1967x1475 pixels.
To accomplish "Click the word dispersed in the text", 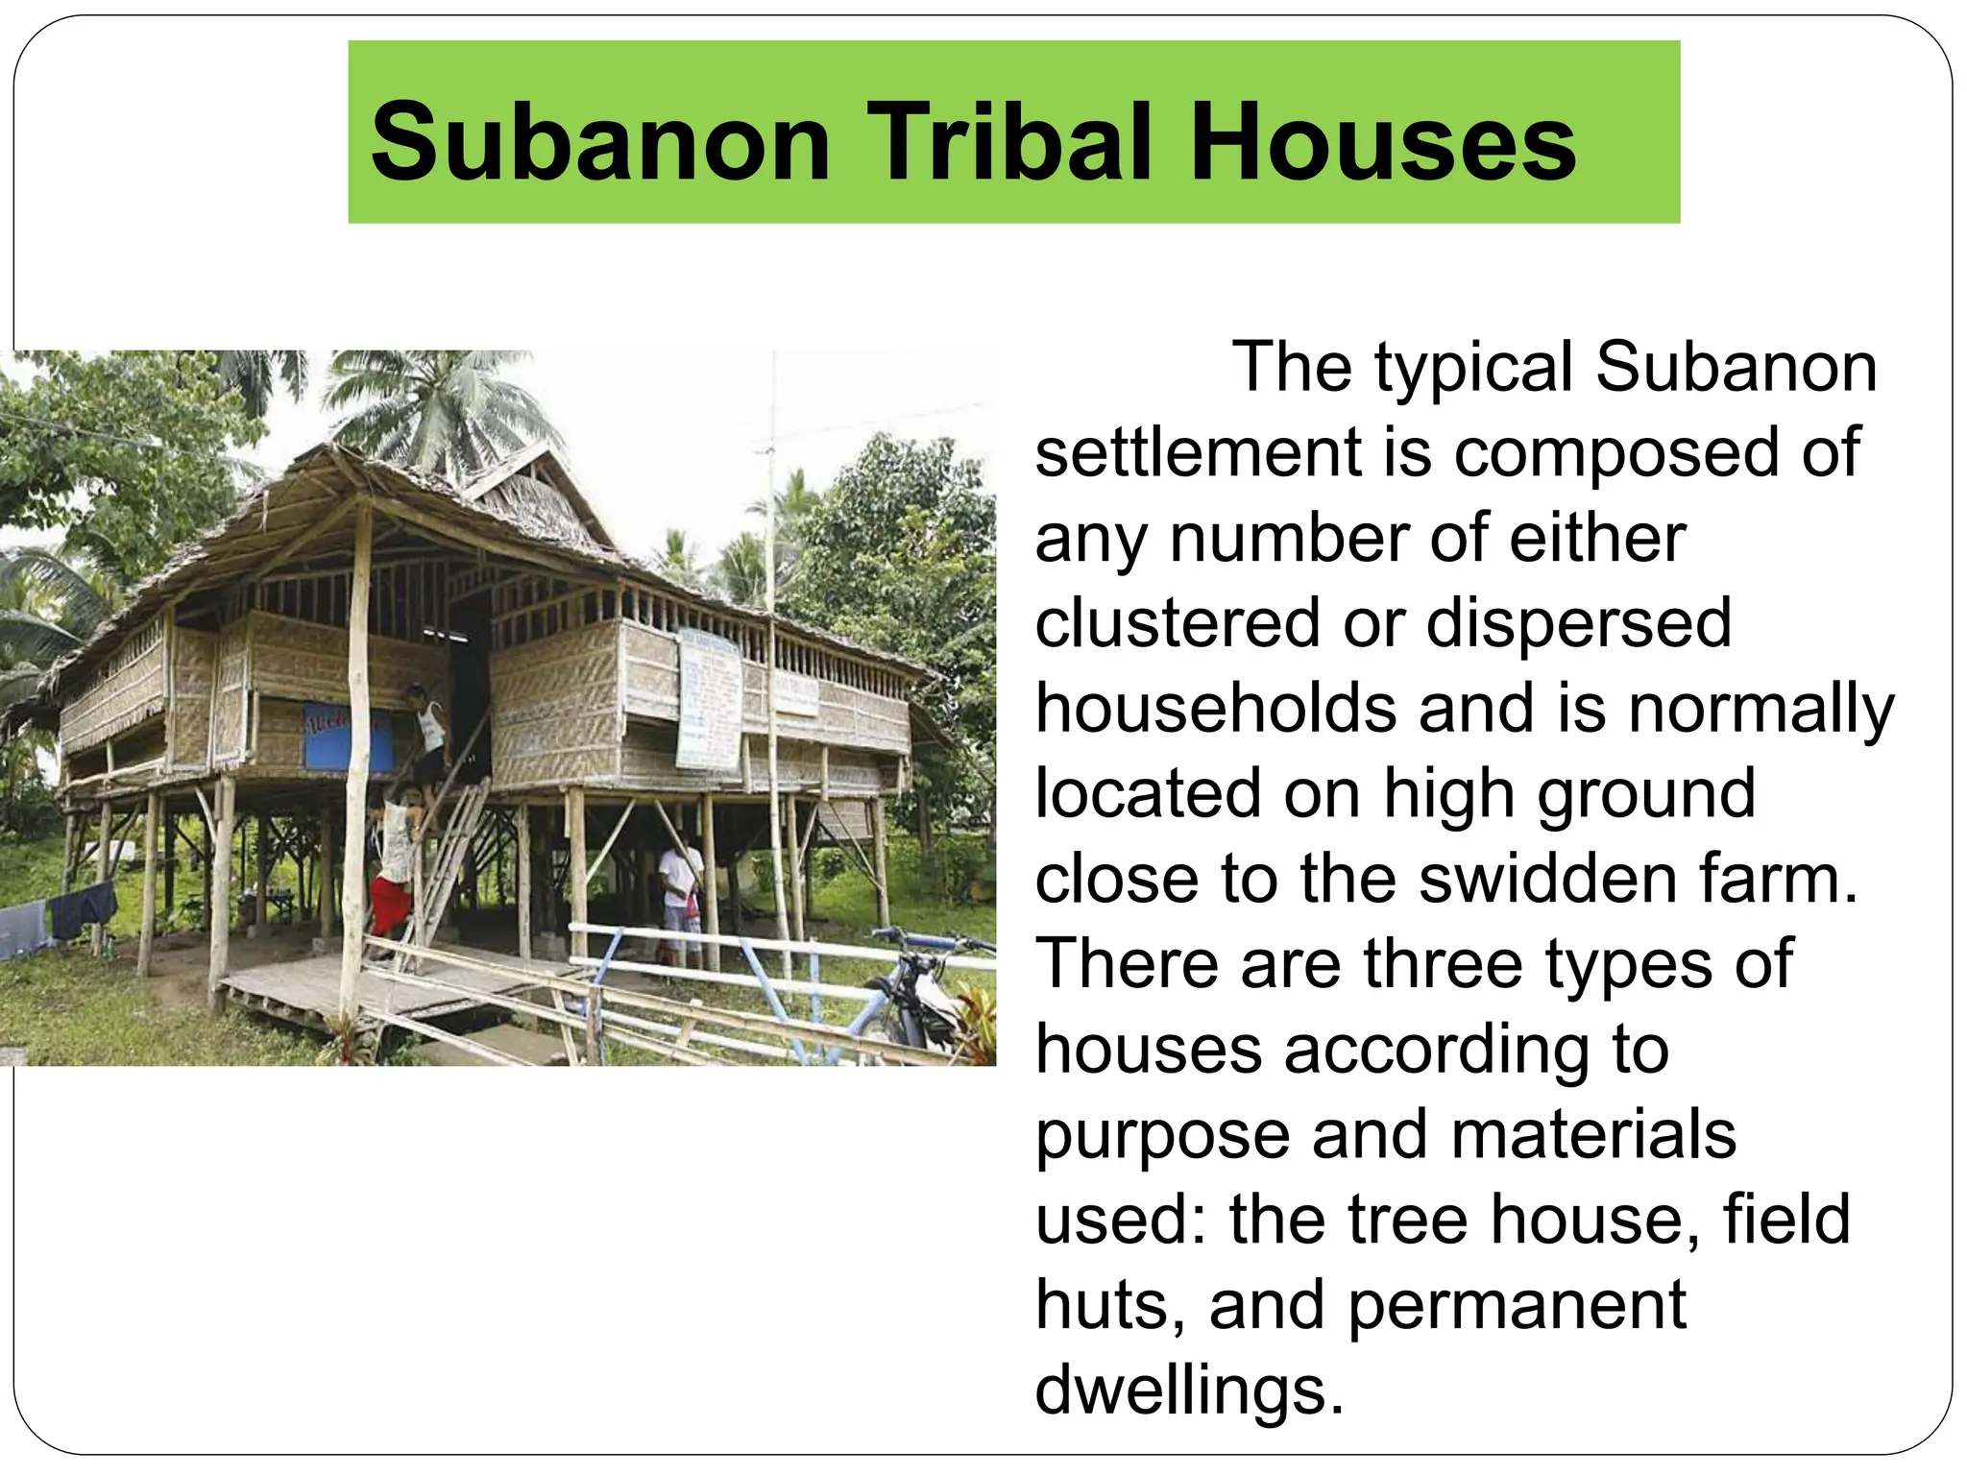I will tap(1579, 622).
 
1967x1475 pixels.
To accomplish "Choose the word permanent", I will tap(1518, 1304).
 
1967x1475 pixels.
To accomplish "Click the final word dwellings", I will tap(1189, 1389).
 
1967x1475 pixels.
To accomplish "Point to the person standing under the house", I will tap(680, 898).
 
